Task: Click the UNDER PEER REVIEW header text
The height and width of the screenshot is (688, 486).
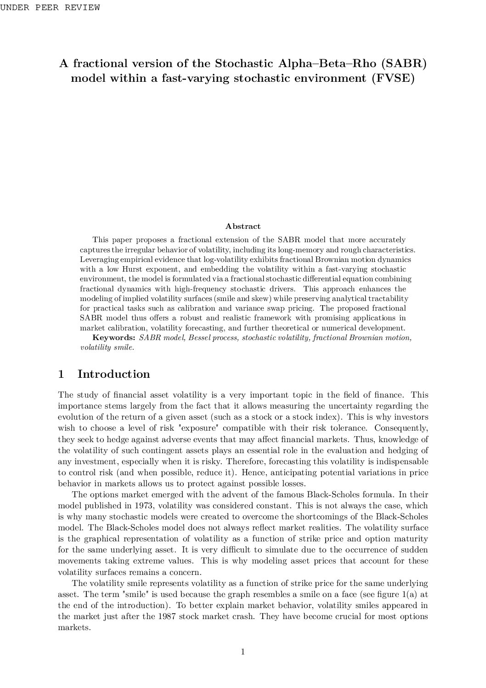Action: click(50, 7)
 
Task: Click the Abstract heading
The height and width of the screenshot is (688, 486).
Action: click(243, 226)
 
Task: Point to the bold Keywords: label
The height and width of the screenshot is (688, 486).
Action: click(114, 338)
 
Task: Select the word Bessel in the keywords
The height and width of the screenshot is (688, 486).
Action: click(196, 338)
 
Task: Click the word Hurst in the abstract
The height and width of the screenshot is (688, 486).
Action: click(132, 269)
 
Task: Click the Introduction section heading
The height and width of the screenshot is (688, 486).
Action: click(113, 374)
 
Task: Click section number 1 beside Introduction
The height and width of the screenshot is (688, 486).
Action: click(61, 374)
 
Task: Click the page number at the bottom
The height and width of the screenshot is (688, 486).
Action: click(243, 652)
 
